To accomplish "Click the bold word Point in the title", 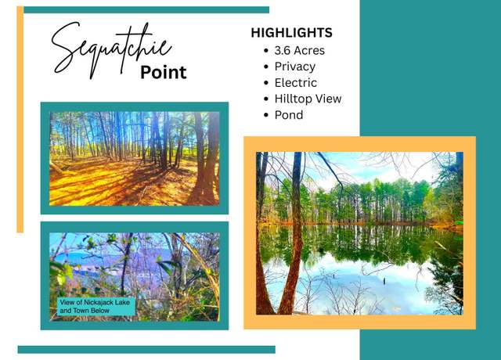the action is (164, 72).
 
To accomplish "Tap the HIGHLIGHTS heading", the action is (291, 33).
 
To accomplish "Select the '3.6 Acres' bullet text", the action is (299, 50).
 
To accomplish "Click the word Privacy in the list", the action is (295, 67).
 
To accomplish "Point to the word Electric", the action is (296, 83).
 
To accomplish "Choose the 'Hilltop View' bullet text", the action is (308, 99).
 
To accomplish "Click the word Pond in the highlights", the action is (289, 115).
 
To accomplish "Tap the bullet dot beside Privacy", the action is (266, 67).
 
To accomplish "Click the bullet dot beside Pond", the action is (266, 115).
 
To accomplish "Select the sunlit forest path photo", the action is (135, 158).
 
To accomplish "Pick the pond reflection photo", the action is (359, 233).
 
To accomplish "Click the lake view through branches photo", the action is (135, 276).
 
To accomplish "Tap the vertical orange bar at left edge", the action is (20, 120).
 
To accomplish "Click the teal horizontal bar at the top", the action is (146, 10).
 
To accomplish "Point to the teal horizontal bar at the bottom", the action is (146, 350).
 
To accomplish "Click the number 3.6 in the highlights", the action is (282, 50).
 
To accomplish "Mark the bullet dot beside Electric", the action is (266, 83).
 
